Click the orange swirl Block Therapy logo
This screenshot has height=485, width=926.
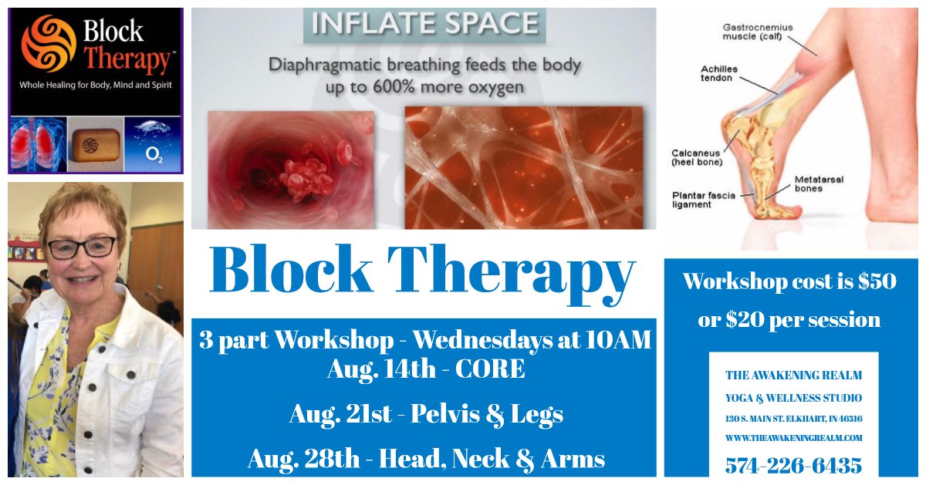point(49,43)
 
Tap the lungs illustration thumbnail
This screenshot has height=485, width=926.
point(39,144)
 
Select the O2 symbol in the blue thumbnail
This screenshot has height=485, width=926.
point(154,154)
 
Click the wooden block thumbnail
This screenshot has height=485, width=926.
point(96,144)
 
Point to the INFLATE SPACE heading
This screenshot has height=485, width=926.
point(424,23)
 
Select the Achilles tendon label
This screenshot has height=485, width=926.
point(719,73)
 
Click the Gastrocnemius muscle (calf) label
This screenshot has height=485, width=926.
point(758,32)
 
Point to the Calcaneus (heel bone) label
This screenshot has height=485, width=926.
point(697,157)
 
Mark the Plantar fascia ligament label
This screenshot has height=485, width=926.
point(704,200)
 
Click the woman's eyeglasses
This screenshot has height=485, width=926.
point(82,247)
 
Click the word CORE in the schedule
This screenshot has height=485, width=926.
point(490,369)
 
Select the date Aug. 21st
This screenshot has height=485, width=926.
point(340,413)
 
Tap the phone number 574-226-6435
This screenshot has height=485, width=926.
point(793,466)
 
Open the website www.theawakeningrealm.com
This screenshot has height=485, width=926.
point(794,438)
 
